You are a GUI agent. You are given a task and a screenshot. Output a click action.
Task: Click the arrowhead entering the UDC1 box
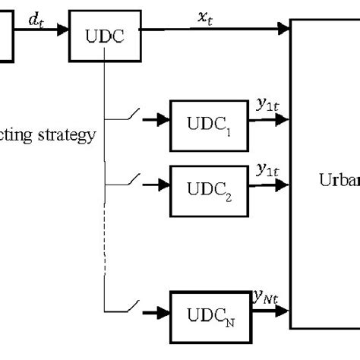163,119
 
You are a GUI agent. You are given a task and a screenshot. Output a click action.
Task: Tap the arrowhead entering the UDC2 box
163,182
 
